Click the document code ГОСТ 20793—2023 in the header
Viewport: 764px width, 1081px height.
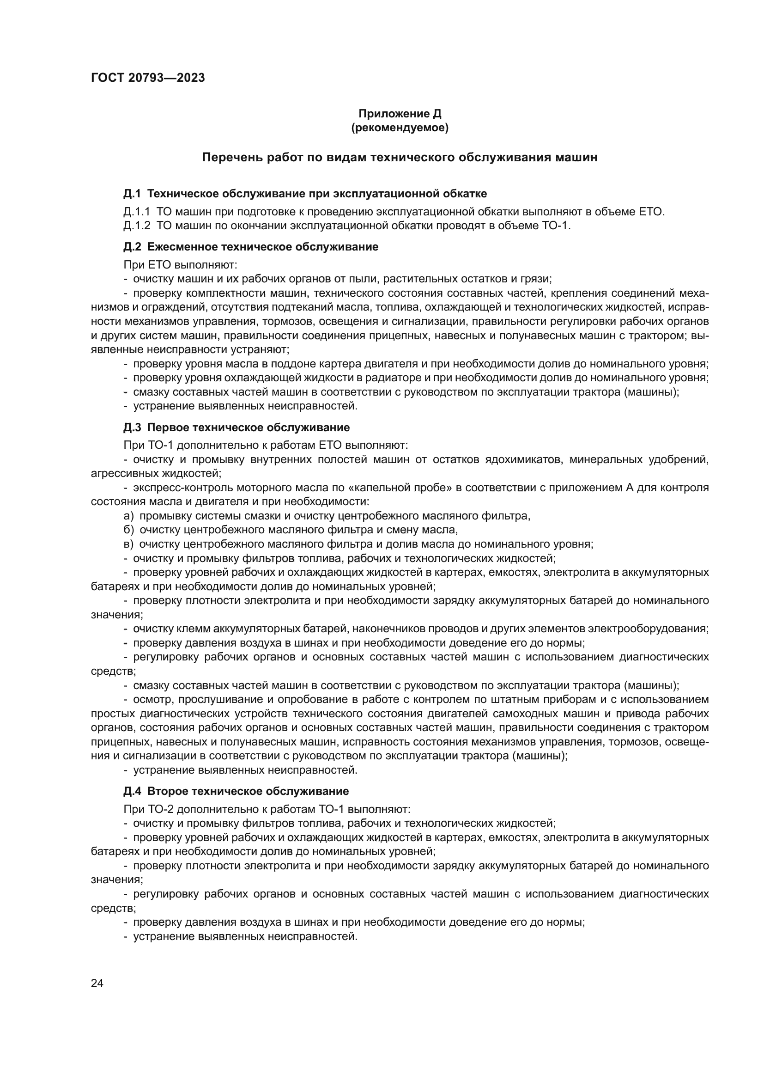(x=148, y=78)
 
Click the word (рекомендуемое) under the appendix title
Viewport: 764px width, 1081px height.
(x=400, y=128)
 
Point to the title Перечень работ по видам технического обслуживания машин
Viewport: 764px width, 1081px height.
(x=400, y=157)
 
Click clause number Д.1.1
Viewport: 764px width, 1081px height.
(x=136, y=211)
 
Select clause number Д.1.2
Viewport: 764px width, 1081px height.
(x=136, y=226)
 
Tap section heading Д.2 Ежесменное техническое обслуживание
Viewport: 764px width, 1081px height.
(x=251, y=247)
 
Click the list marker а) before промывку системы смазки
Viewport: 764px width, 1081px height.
(x=128, y=516)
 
